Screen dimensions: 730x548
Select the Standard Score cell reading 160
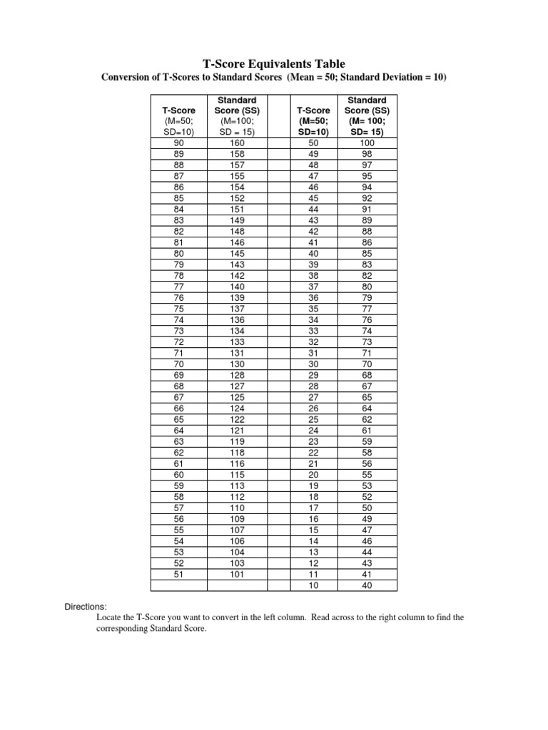coord(236,143)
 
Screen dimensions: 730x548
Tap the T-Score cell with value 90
coord(178,143)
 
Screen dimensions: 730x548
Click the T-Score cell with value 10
coord(313,586)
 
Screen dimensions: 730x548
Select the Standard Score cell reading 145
coord(236,252)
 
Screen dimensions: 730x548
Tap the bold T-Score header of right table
coord(313,110)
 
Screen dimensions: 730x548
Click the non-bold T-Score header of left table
coord(178,110)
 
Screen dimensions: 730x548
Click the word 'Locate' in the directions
coord(108,617)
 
